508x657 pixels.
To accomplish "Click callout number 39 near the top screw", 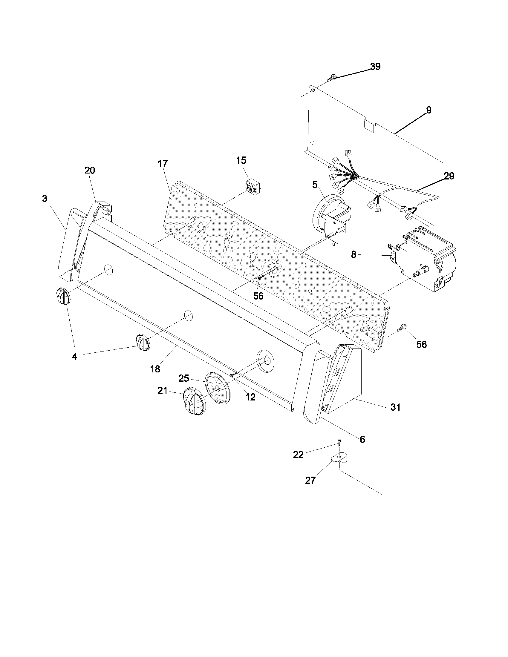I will point(375,66).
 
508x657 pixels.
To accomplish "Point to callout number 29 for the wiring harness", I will point(449,176).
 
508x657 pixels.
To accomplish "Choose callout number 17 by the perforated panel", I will point(163,164).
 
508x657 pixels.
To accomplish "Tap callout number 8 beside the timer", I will point(354,254).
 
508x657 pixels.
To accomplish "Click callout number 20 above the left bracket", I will point(90,171).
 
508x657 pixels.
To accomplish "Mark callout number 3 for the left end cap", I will point(45,199).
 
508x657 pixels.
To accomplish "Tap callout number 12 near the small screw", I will point(250,397).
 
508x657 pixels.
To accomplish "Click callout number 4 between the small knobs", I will point(74,357).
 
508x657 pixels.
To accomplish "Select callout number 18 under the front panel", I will point(155,369).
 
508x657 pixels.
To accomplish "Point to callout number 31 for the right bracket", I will point(395,407).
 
